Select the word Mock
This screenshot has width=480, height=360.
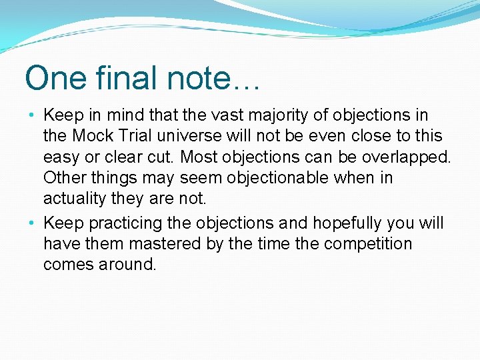[93, 136]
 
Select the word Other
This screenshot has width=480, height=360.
[63, 179]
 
